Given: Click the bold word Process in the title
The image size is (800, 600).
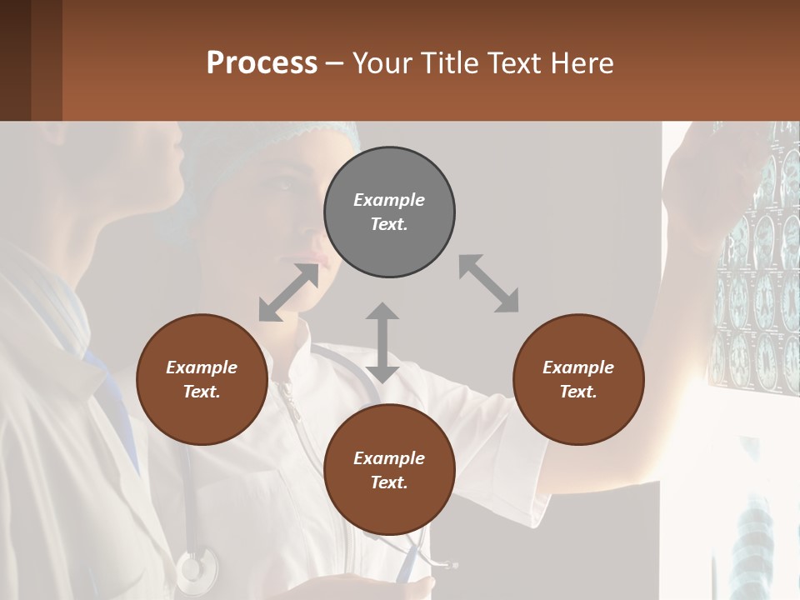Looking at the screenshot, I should pyautogui.click(x=262, y=63).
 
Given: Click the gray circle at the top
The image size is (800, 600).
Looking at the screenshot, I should pyautogui.click(x=389, y=212).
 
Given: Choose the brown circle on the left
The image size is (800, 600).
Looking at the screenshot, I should pyautogui.click(x=202, y=379).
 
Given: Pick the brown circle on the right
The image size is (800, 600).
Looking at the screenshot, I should pyautogui.click(x=578, y=379).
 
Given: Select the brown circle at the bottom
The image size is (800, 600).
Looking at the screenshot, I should pyautogui.click(x=389, y=470).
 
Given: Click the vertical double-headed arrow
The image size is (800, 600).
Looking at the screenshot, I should pyautogui.click(x=382, y=342).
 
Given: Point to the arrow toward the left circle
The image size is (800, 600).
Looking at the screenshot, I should pyautogui.click(x=288, y=292).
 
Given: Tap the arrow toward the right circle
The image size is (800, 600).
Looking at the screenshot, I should pyautogui.click(x=488, y=283).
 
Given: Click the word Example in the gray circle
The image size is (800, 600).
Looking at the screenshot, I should pyautogui.click(x=389, y=200).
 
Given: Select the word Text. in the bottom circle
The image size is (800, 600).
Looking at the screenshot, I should pyautogui.click(x=389, y=482).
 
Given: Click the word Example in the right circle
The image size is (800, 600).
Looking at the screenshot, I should pyautogui.click(x=578, y=367).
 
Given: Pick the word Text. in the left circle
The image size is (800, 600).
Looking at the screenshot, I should pyautogui.click(x=202, y=392).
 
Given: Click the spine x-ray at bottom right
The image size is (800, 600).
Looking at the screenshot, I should pyautogui.click(x=754, y=533).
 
